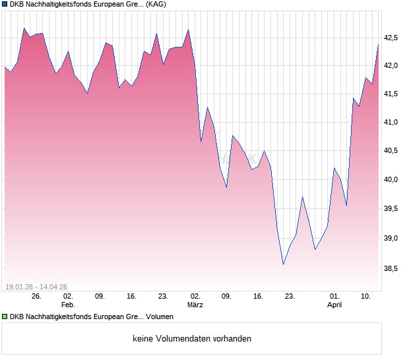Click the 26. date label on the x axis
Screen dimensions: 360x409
pos(36,297)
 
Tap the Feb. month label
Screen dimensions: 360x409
pos(68,305)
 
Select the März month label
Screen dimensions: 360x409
pos(195,305)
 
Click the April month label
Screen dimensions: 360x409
pos(334,305)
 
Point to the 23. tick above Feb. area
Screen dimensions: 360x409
pos(163,297)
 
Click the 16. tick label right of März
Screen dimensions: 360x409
pos(258,297)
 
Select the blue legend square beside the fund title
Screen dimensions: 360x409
pos(5,5)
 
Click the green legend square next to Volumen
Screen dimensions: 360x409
pos(5,317)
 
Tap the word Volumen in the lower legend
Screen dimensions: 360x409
pos(159,317)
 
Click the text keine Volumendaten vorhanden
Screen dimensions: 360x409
pos(192,339)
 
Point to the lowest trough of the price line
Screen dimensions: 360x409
pos(283,264)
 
